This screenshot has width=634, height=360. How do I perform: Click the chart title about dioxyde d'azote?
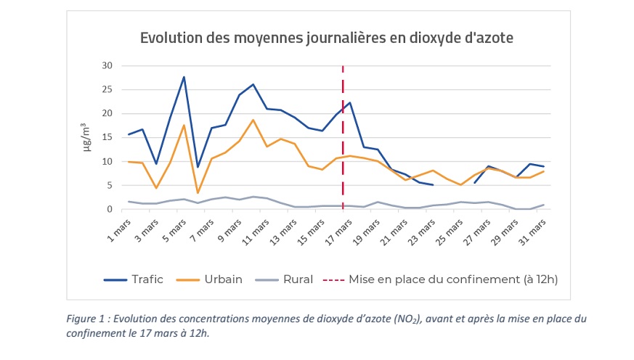tap(326, 38)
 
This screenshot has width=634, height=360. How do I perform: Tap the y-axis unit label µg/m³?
tap(86, 136)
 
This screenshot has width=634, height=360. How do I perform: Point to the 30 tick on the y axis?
tap(107, 65)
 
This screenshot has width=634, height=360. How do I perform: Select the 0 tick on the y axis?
tap(110, 209)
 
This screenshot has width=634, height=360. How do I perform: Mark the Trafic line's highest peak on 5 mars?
tap(184, 77)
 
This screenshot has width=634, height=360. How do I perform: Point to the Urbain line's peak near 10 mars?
tap(253, 120)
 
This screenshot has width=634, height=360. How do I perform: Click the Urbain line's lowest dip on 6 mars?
tap(198, 193)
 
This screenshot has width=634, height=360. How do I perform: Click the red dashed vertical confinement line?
tap(343, 145)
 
